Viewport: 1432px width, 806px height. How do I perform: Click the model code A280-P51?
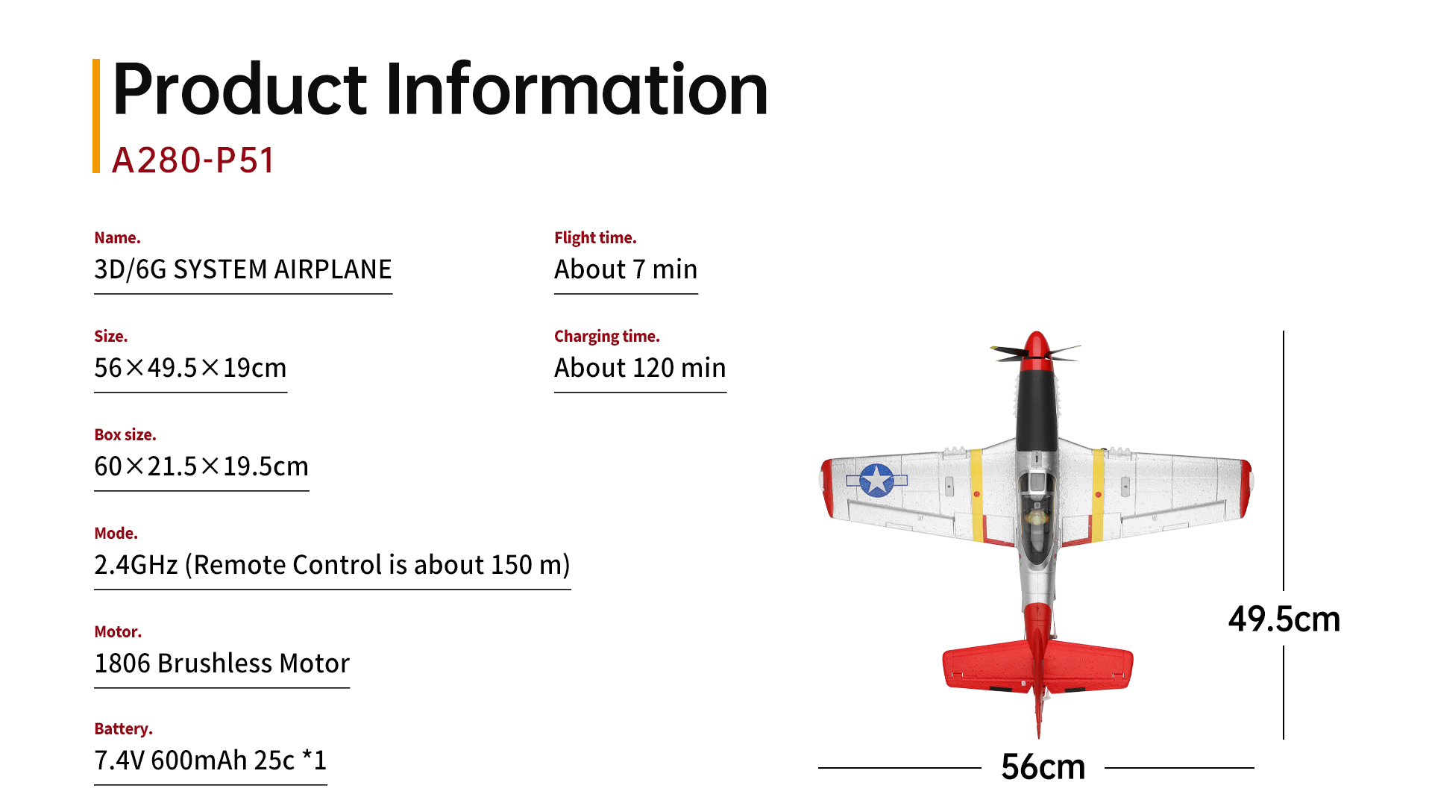coord(193,160)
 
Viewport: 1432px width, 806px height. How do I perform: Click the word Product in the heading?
coord(239,90)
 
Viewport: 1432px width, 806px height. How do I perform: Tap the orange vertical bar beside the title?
coord(96,116)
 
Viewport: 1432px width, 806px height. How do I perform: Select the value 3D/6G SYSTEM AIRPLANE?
coord(242,269)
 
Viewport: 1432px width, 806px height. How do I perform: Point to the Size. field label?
coord(110,337)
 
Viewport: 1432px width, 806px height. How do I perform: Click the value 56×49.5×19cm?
coord(190,368)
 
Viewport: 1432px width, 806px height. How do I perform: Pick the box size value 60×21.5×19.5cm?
coord(201,466)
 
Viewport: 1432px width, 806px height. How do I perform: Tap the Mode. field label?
coord(116,534)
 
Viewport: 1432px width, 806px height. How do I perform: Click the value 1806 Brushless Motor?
coord(222,663)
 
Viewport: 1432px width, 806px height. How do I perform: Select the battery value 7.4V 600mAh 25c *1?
coord(210,760)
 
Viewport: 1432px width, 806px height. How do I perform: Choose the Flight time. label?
coord(595,238)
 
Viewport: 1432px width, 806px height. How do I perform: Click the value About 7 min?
coord(626,269)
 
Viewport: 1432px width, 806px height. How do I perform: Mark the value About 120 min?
coord(640,368)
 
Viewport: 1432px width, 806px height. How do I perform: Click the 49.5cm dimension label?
coord(1284,619)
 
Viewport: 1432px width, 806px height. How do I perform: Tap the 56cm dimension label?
coord(1043,766)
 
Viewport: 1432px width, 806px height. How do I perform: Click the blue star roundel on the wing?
coord(876,480)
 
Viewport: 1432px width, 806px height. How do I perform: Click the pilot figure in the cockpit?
coord(1036,516)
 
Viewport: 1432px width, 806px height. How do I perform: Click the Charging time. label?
coord(606,337)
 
